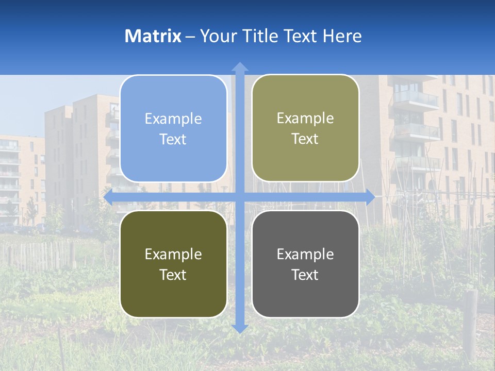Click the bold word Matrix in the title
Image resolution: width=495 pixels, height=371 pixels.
pos(153,36)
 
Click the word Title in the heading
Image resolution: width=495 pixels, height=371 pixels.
pos(257,36)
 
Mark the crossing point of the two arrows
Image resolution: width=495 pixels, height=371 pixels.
pos(240,197)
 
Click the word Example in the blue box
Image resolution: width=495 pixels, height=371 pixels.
pos(173,119)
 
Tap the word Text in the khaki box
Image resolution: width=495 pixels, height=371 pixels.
pos(305,139)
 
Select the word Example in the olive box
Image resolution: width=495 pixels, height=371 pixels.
pos(173,254)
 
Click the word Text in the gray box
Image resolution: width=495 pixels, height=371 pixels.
pos(305,275)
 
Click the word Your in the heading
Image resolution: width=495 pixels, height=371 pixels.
pos(217,36)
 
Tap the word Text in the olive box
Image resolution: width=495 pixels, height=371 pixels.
pos(173,275)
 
